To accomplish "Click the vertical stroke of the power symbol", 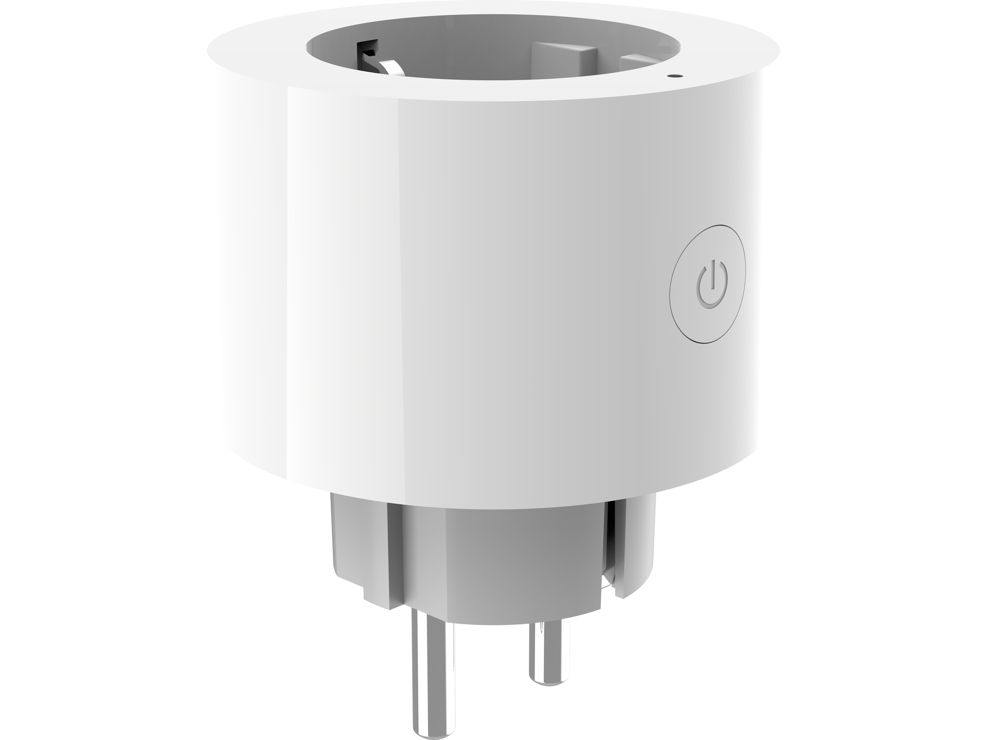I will pyautogui.click(x=713, y=273).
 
